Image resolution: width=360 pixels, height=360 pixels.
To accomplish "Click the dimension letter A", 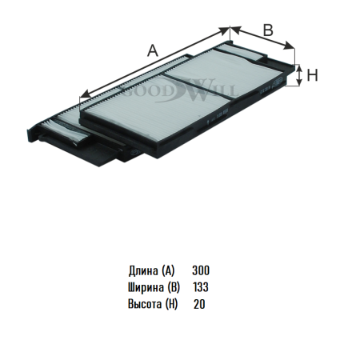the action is [153, 50].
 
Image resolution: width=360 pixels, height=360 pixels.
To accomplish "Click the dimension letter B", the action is [268, 30].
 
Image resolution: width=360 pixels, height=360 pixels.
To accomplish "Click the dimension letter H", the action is [312, 75].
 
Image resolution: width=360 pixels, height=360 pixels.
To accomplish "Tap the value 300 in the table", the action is [201, 270].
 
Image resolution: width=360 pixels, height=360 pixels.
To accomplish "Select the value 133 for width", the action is [201, 287].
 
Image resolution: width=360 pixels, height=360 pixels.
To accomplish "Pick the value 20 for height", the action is [199, 304].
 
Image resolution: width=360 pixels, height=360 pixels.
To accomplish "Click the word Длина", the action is [143, 270].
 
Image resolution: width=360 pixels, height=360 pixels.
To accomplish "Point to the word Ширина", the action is [146, 287].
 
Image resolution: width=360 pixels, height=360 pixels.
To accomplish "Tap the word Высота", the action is [145, 304].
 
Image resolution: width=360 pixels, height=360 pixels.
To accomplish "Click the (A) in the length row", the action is [168, 270].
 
